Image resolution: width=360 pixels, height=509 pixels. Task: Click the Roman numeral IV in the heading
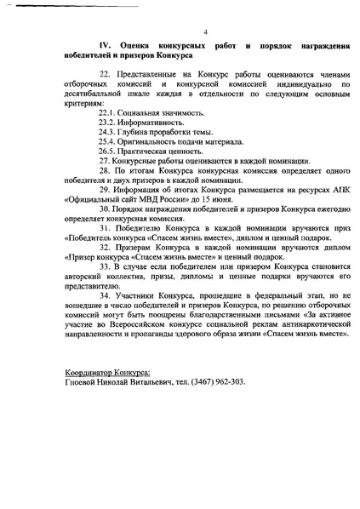[x=106, y=42]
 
